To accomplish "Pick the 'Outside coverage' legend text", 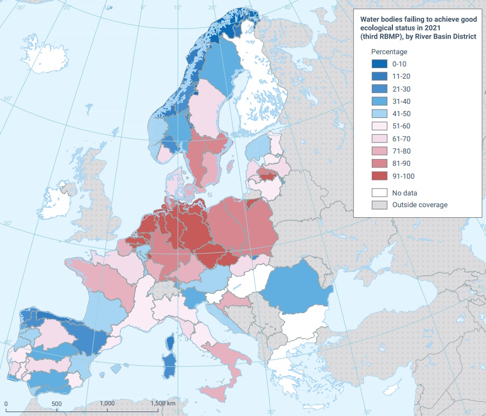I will click(420, 205).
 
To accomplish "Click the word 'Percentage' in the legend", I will click(389, 52).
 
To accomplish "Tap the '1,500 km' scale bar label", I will click(163, 403).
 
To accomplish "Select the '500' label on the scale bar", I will click(56, 403).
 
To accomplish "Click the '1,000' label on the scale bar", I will click(107, 403).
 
